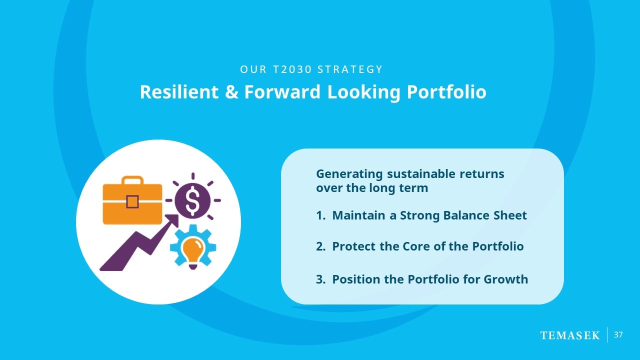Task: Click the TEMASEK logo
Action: [x=569, y=335]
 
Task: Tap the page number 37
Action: [x=618, y=335]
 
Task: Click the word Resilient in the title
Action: [x=179, y=92]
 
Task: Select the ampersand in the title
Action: [x=231, y=92]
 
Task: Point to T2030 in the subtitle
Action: [x=292, y=69]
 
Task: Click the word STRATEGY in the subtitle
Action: [x=350, y=69]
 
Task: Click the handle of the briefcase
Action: [x=132, y=180]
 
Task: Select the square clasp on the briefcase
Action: [x=132, y=201]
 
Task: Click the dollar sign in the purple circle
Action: [x=193, y=201]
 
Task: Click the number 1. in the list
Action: [x=320, y=215]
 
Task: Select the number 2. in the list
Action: [x=320, y=246]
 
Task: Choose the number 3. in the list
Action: [x=320, y=279]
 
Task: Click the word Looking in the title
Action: [x=363, y=92]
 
